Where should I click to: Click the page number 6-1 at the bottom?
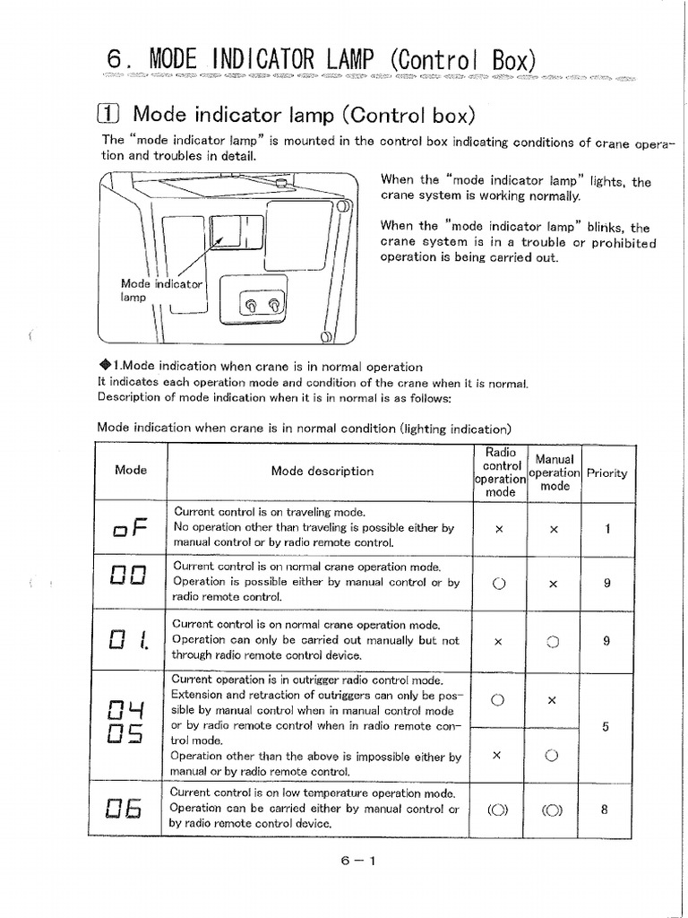coord(357,862)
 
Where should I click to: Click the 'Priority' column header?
coord(606,472)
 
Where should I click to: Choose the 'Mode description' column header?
coord(322,471)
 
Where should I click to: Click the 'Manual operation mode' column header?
coord(554,472)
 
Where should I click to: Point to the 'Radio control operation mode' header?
coord(500,472)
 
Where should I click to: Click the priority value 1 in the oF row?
coord(606,529)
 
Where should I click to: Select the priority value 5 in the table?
coord(606,727)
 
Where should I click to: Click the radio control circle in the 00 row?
coord(499,583)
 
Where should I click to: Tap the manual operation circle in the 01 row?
coord(553,642)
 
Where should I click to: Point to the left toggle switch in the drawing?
coord(251,307)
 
